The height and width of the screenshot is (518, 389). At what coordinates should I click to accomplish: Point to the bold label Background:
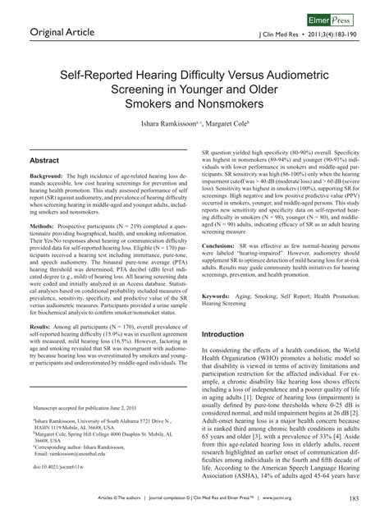[48, 177]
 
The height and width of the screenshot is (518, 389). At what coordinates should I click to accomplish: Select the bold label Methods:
[44, 223]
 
